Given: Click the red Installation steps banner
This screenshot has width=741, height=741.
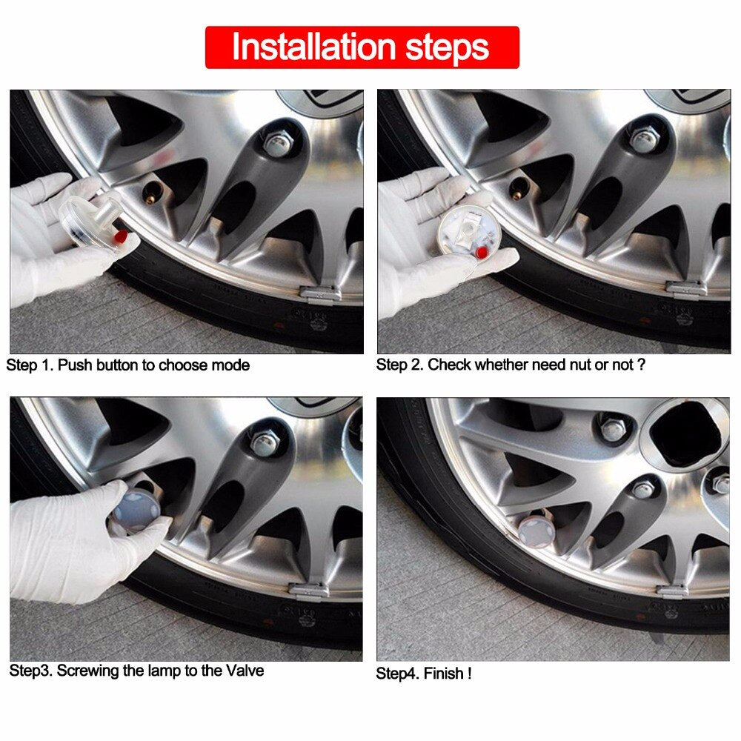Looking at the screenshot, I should tap(362, 47).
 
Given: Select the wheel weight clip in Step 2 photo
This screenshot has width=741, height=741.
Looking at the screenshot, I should tap(686, 288).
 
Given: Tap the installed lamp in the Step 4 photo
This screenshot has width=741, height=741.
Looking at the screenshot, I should tap(535, 531).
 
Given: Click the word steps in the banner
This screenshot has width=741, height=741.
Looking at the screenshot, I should tap(447, 47).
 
